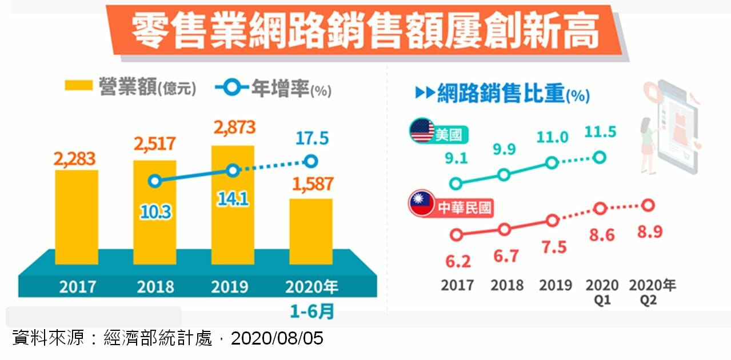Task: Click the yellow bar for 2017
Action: (x=77, y=217)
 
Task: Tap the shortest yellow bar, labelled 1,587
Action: (x=310, y=231)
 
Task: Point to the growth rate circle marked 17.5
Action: (x=310, y=161)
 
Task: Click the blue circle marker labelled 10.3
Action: (x=154, y=181)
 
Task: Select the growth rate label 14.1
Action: (x=232, y=199)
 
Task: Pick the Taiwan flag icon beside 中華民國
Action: (x=422, y=203)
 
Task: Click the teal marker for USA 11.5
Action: (x=600, y=157)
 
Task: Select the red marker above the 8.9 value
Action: (x=648, y=205)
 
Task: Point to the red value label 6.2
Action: (x=457, y=261)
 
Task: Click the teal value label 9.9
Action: (x=504, y=149)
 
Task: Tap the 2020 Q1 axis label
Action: (x=601, y=291)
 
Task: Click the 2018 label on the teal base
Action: (x=154, y=286)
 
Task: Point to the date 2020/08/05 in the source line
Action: (x=277, y=339)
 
